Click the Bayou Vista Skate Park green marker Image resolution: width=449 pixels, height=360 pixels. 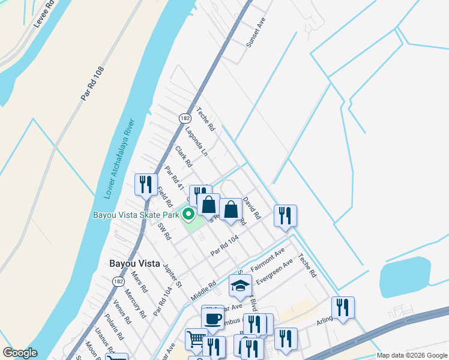click(188, 214)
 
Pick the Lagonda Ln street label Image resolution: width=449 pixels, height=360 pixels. click(196, 142)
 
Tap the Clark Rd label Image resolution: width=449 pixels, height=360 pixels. click(183, 156)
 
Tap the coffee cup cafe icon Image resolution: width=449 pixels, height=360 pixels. click(212, 317)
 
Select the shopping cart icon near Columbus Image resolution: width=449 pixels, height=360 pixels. click(196, 340)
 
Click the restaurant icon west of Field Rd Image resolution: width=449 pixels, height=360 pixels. click(146, 184)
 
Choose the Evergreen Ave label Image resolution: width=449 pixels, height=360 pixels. click(274, 272)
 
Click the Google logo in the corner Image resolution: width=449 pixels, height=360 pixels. click(20, 353)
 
